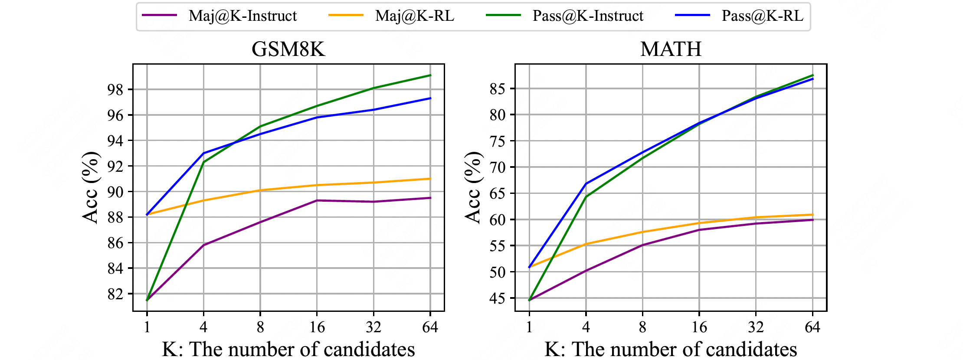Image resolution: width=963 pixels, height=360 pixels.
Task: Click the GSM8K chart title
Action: pyautogui.click(x=288, y=49)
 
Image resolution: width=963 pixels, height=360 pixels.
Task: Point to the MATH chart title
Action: pyautogui.click(x=671, y=49)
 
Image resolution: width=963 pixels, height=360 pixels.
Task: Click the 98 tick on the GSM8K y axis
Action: pyautogui.click(x=115, y=90)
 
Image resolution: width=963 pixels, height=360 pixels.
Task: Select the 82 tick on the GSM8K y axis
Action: pyautogui.click(x=115, y=294)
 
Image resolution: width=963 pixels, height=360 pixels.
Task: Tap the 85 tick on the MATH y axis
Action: pyautogui.click(x=498, y=89)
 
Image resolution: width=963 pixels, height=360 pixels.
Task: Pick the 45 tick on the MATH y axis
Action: pyautogui.click(x=498, y=298)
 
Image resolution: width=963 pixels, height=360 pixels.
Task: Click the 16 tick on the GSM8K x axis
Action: pyautogui.click(x=317, y=327)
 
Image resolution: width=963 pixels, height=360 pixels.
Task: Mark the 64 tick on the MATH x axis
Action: pyautogui.click(x=812, y=327)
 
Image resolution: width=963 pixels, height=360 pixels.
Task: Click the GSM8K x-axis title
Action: pyautogui.click(x=288, y=349)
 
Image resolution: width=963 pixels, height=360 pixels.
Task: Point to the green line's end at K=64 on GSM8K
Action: pyautogui.click(x=430, y=75)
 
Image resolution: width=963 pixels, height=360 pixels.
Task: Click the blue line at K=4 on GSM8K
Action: pyautogui.click(x=203, y=153)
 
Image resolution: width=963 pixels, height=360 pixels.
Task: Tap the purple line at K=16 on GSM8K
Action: pyautogui.click(x=317, y=200)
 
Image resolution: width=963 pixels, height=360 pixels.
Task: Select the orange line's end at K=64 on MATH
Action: pyautogui.click(x=812, y=215)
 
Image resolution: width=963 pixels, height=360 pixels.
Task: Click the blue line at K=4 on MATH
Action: pyautogui.click(x=586, y=183)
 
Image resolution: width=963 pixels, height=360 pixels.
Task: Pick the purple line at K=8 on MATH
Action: pyautogui.click(x=642, y=245)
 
